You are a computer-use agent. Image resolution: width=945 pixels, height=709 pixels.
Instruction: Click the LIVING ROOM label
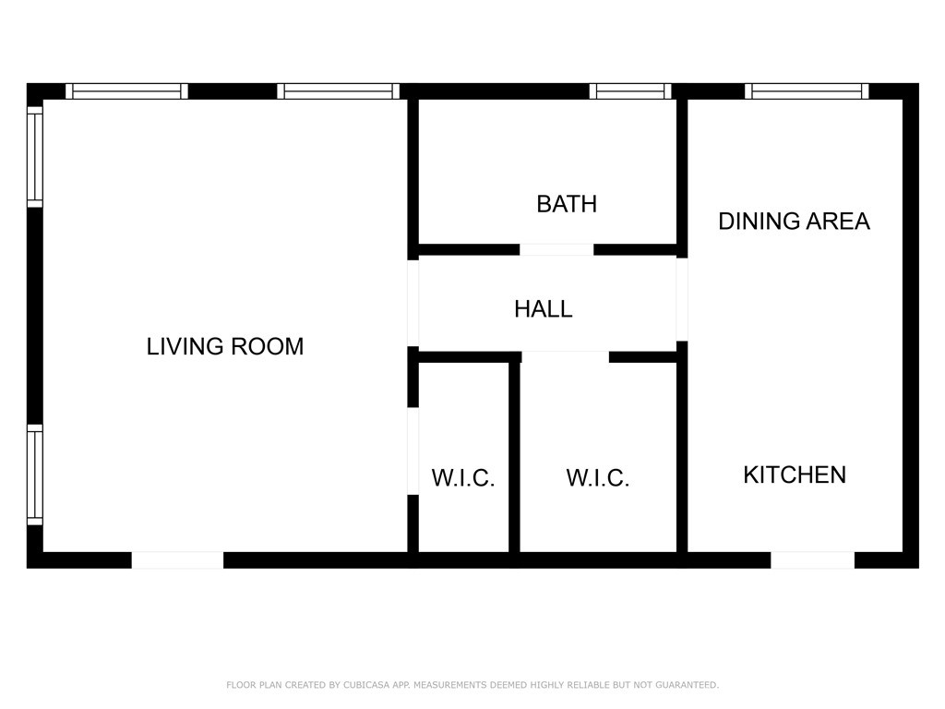225,346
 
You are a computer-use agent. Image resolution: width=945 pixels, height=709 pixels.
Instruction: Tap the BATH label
567,204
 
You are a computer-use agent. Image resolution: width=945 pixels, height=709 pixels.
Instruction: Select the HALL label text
543,309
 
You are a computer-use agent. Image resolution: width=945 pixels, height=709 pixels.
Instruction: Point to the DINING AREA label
794,222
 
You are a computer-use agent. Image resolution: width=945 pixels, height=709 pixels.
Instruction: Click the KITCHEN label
795,475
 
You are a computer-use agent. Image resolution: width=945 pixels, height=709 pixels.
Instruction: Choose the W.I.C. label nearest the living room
463,478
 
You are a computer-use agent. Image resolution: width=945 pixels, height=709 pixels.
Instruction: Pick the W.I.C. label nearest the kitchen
598,478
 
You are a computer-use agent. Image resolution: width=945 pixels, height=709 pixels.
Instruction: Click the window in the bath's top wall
629,90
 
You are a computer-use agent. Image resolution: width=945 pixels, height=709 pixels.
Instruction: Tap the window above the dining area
807,90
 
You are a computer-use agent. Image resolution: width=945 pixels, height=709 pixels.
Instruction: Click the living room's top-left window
126,90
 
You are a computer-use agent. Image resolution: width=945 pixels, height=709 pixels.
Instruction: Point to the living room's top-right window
338,90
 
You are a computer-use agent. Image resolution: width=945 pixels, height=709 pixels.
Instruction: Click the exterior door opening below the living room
177,560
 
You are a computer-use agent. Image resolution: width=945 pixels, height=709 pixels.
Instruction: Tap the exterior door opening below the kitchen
812,560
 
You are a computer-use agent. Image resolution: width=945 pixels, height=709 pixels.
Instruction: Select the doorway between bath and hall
556,249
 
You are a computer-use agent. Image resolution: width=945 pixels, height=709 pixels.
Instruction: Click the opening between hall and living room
413,303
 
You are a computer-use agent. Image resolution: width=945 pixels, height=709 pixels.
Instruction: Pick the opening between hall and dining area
682,298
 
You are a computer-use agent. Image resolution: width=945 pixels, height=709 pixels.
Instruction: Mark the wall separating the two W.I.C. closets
514,457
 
